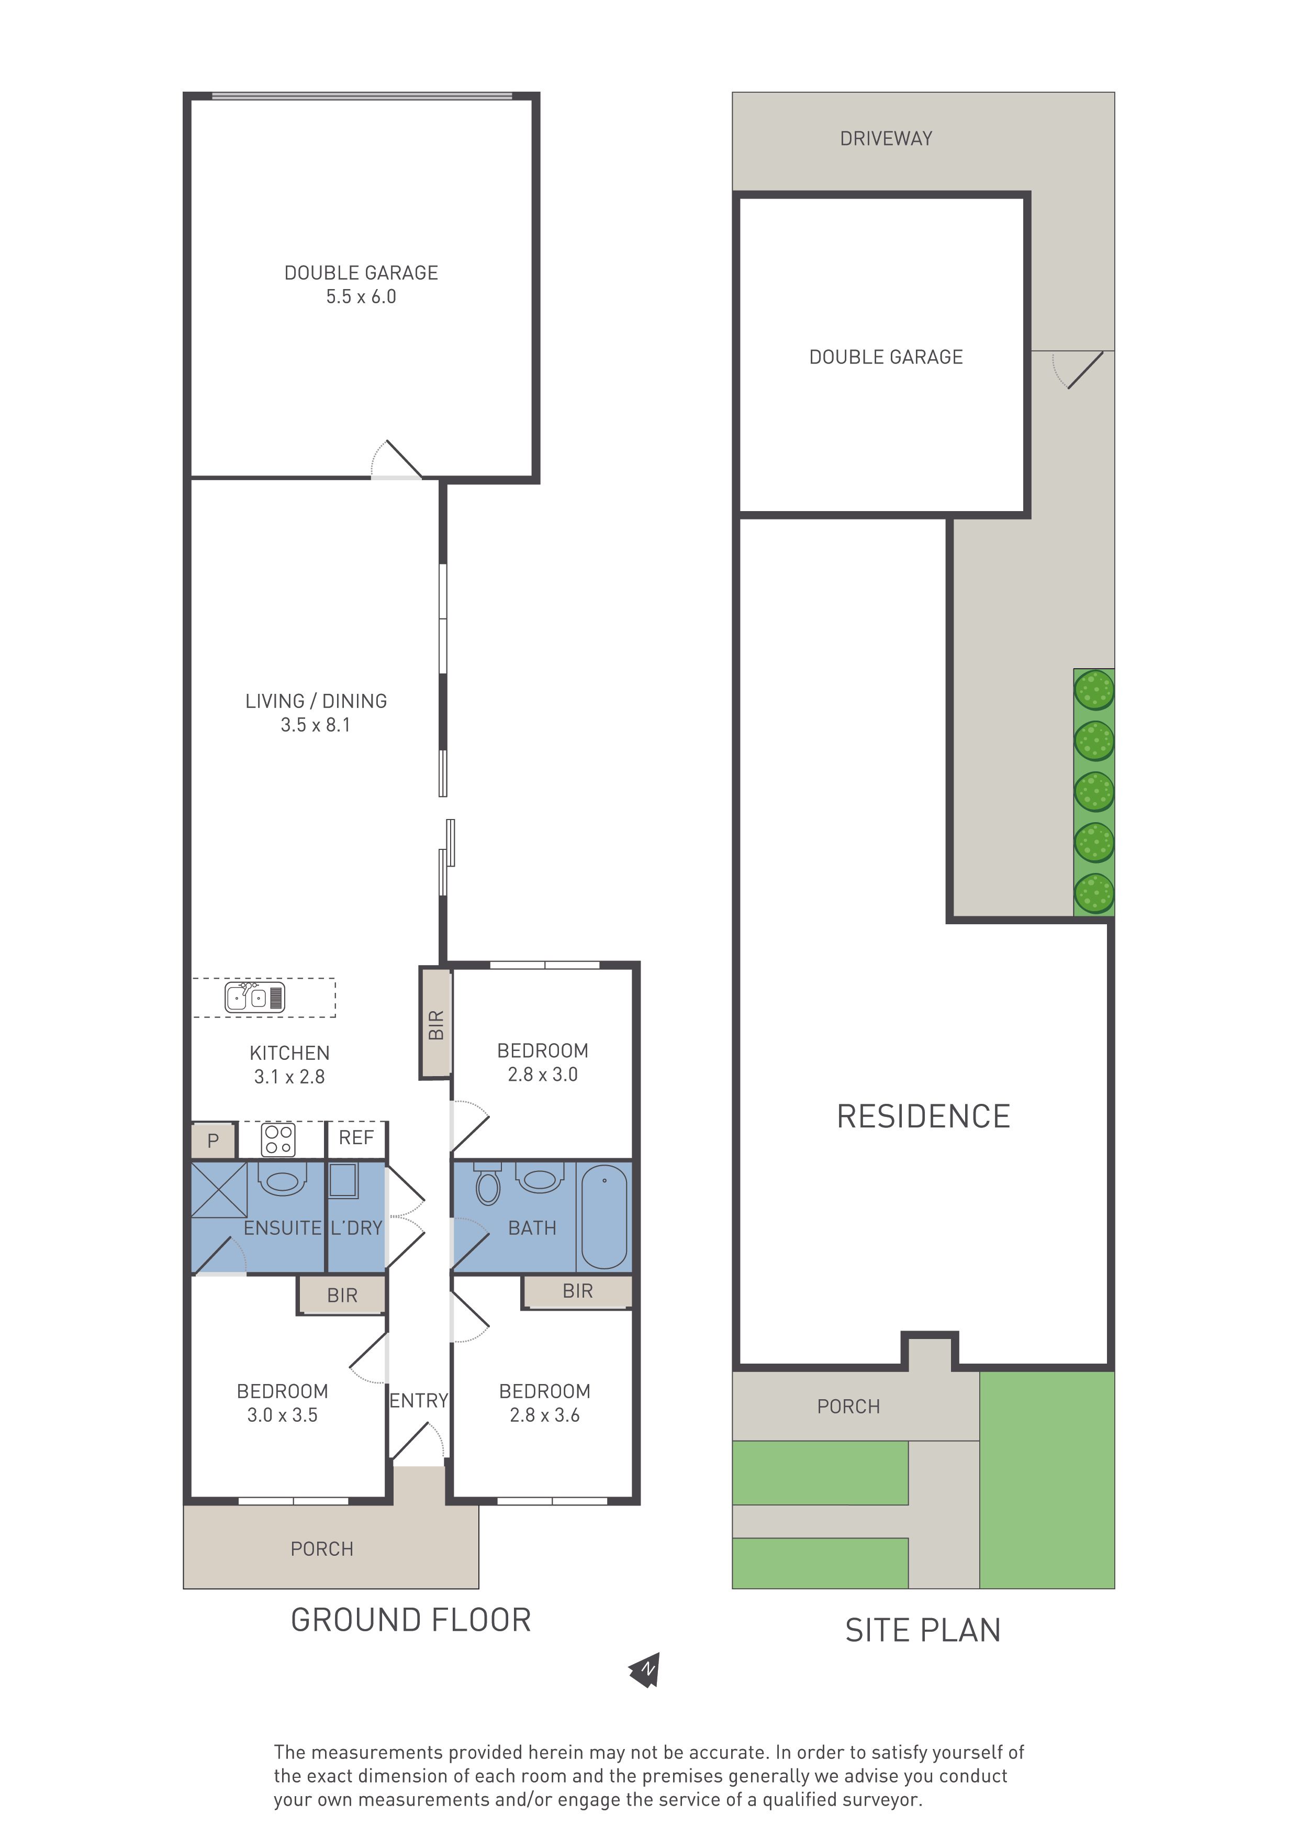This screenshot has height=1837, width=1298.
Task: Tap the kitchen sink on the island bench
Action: [x=255, y=997]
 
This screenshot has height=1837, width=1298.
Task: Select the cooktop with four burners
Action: [x=278, y=1140]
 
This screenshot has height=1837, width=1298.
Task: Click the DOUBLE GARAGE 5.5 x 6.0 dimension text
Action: [x=361, y=297]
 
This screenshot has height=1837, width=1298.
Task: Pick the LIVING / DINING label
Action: [x=316, y=701]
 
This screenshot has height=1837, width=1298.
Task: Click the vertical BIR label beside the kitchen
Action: [x=436, y=1025]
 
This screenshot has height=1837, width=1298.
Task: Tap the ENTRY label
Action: [x=418, y=1400]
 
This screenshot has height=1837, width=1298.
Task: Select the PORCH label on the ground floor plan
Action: [x=321, y=1549]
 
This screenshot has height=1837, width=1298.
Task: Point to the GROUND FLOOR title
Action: [x=411, y=1620]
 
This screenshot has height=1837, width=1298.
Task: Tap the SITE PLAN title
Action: [x=923, y=1631]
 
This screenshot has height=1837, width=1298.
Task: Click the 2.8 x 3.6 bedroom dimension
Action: [x=545, y=1415]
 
